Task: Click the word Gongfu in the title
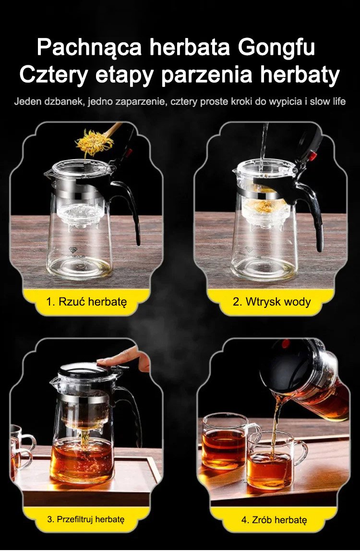pos(276,49)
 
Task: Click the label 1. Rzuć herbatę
pos(86,302)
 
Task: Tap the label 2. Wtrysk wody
pos(272,302)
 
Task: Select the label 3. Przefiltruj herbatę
pos(86,519)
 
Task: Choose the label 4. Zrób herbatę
pos(274,520)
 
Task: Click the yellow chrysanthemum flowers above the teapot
pos(94,143)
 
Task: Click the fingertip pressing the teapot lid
pos(102,361)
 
